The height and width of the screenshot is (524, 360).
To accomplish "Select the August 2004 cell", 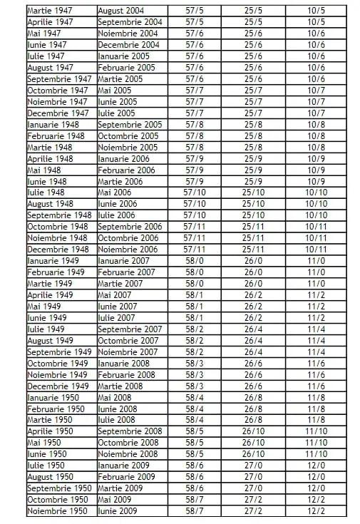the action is coord(122,11).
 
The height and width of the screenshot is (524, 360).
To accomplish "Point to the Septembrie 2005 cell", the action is coord(129,125).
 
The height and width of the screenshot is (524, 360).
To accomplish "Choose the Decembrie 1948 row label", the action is coord(58,250).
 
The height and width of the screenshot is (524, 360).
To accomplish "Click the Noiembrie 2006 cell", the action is coord(128,250).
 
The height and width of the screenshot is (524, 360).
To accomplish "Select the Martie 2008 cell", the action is coord(120,386).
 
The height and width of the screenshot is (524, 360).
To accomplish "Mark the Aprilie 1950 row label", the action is coord(50,431).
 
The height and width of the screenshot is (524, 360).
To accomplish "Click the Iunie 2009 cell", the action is coord(118,511).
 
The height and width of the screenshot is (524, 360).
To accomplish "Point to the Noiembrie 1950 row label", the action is coord(57,511).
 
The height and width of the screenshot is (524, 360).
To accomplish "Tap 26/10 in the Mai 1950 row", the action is coord(253,443).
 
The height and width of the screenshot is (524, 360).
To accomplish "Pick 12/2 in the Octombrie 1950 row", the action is coord(316,500).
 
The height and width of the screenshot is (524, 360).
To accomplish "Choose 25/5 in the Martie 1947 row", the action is coord(253,11).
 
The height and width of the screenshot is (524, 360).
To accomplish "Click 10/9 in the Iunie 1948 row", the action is coord(316,181).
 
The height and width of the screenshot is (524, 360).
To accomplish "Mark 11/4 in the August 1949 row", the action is coord(316,341).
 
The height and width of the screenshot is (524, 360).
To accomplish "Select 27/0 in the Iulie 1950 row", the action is coord(253,466).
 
